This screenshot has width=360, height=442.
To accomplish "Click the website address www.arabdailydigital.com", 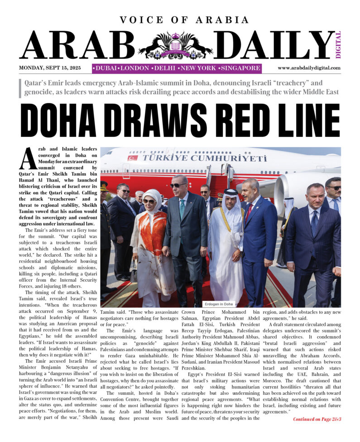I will pos(309,68).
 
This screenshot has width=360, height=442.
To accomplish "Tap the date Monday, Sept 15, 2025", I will pos(50,68).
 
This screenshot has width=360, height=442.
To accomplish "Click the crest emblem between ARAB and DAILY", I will pos(175,46).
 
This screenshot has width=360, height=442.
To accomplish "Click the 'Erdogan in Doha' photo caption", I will pos(219,304).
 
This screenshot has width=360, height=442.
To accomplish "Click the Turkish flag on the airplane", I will pos(132,158).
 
